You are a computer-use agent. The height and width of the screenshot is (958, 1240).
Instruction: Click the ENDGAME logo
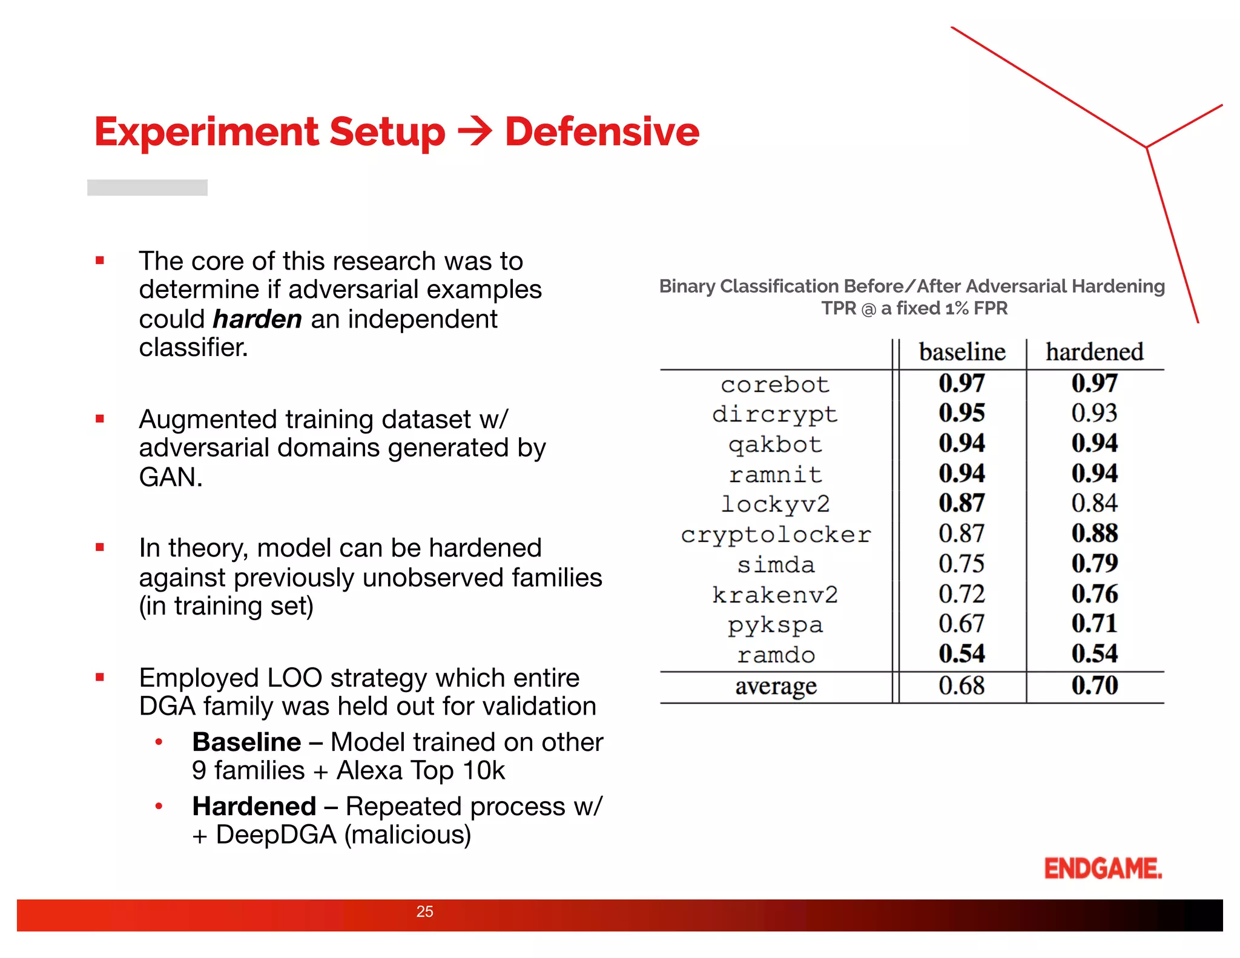[x=1103, y=868]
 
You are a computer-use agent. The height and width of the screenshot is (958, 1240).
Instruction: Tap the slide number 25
[x=424, y=911]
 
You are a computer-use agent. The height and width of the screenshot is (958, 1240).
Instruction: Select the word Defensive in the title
[x=602, y=132]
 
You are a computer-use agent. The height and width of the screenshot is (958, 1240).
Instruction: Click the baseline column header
[x=961, y=352]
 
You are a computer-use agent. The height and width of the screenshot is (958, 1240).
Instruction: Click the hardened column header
[x=1094, y=352]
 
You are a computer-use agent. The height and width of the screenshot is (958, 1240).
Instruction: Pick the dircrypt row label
[x=775, y=415]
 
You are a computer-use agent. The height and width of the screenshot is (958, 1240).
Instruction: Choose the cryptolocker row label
[x=775, y=535]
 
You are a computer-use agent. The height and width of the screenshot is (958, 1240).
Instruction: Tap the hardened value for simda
[x=1094, y=564]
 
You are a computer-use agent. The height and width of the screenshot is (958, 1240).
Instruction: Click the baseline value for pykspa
[x=961, y=624]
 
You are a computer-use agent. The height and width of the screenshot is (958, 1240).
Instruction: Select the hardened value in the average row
[x=1094, y=685]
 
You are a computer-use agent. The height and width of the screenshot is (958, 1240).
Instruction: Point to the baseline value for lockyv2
[x=961, y=503]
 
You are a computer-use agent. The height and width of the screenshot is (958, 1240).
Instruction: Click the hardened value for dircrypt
[x=1094, y=413]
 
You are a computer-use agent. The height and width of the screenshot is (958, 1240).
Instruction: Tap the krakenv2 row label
[x=775, y=595]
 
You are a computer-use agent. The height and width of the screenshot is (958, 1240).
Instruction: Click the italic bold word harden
[x=257, y=319]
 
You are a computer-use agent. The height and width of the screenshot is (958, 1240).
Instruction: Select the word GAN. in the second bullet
[x=170, y=477]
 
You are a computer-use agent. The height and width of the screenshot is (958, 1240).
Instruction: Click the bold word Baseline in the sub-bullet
[x=246, y=742]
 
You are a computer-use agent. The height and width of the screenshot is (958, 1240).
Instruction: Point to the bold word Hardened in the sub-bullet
[x=254, y=806]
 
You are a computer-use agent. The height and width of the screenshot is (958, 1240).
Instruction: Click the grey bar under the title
[x=147, y=187]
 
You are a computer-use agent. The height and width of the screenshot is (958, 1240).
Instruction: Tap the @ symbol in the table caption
[x=868, y=309]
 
